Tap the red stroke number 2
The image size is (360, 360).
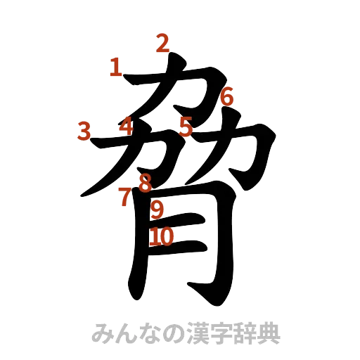point(162,44)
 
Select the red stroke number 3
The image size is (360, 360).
point(84,130)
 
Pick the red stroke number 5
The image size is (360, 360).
point(186,127)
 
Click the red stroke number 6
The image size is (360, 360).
point(226,97)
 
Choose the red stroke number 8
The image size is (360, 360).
point(145,184)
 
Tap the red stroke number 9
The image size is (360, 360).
point(157,209)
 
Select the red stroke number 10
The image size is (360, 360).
point(161,236)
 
